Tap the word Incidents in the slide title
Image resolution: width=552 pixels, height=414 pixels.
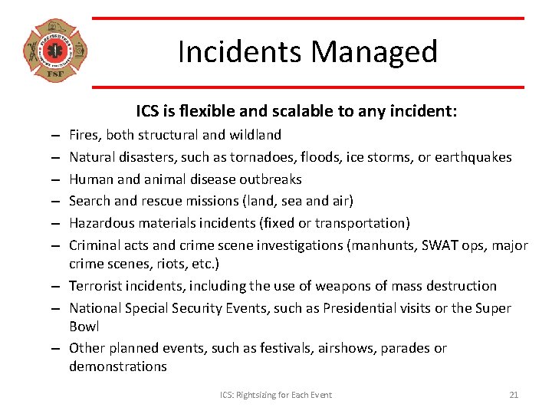click(x=238, y=52)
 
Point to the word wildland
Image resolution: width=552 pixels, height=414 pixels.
click(x=253, y=135)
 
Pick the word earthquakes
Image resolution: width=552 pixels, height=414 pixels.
click(x=474, y=157)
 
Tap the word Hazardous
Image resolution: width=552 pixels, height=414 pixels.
click(x=100, y=223)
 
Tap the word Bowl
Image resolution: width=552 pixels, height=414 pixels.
click(x=84, y=327)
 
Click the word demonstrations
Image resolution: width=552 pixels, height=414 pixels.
click(x=117, y=366)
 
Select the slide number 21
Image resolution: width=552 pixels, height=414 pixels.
click(x=514, y=395)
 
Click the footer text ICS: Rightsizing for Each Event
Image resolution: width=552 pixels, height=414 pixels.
click(x=276, y=395)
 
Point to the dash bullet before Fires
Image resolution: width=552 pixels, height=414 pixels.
click(x=57, y=136)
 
